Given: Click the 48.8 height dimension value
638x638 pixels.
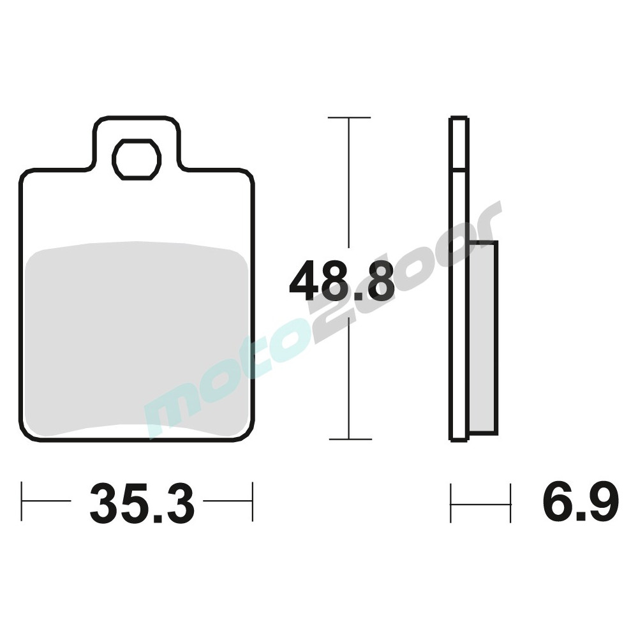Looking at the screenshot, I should (341, 281).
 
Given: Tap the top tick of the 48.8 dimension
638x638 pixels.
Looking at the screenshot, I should (349, 118).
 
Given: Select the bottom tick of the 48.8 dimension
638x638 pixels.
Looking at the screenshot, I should (350, 439).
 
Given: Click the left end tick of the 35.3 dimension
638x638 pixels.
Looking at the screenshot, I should (22, 501).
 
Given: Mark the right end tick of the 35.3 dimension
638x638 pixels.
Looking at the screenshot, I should (253, 501).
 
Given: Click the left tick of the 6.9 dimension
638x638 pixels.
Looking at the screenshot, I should (451, 503).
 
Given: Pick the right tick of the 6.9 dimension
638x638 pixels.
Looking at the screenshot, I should (510, 503).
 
